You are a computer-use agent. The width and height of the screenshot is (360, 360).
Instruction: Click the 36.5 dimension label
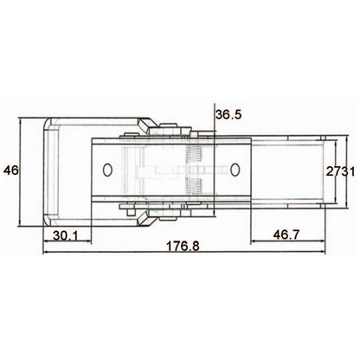click(229, 114)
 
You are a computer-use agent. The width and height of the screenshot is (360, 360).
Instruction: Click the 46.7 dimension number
click(288, 234)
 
